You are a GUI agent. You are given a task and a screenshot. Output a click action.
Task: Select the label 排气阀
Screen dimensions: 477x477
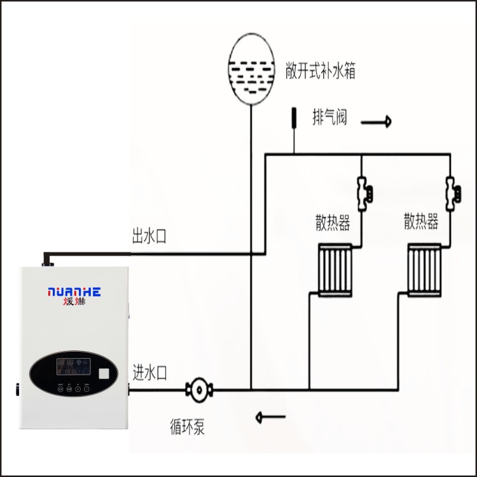click(x=329, y=117)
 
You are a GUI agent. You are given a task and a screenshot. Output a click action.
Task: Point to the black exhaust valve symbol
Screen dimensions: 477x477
click(x=294, y=118)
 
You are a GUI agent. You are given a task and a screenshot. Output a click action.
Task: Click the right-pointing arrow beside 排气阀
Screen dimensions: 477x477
click(x=377, y=123)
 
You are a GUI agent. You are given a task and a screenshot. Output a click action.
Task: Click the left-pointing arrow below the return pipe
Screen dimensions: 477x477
click(x=270, y=417)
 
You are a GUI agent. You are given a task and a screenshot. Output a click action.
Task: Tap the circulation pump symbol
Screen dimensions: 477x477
click(x=198, y=389)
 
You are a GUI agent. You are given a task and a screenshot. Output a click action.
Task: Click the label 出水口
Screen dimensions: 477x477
click(x=148, y=237)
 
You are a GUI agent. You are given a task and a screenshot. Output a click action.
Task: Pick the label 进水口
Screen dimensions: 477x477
click(x=149, y=372)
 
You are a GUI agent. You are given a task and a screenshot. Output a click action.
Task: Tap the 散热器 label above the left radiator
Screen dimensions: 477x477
click(x=333, y=223)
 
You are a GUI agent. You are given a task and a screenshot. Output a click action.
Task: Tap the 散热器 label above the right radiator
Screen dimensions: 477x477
click(x=422, y=222)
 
